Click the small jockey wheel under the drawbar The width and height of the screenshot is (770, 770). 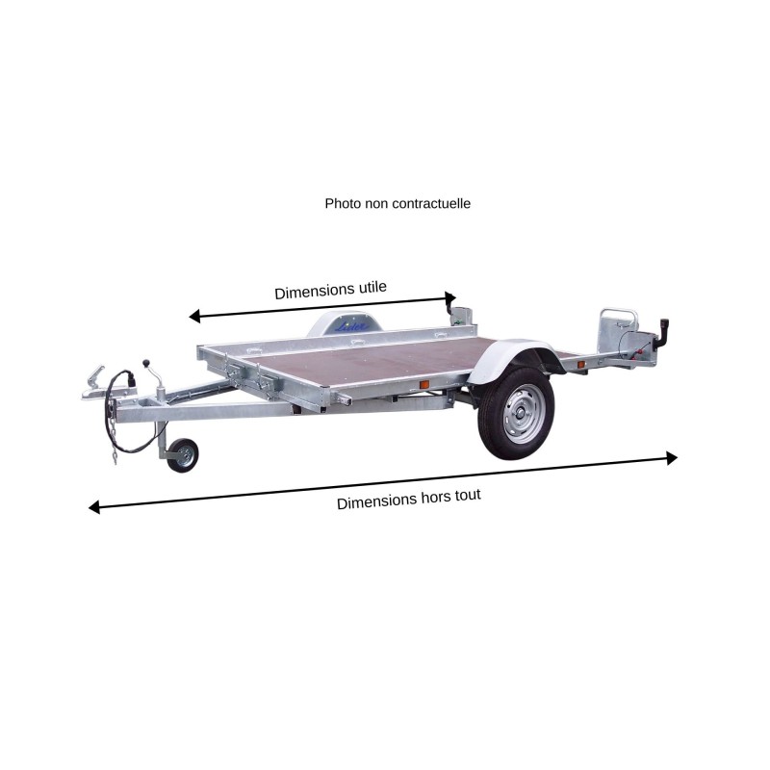[x=182, y=456]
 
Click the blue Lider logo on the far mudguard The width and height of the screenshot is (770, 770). [x=346, y=327]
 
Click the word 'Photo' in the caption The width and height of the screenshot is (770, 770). [x=343, y=203]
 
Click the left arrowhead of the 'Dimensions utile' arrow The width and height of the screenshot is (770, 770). [x=193, y=316]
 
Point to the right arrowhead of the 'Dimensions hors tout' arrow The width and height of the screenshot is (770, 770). [x=672, y=458]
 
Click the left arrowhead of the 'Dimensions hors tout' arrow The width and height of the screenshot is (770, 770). [x=94, y=507]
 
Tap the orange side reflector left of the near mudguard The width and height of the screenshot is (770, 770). [x=423, y=385]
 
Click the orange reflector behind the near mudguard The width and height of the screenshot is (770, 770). [x=580, y=364]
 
